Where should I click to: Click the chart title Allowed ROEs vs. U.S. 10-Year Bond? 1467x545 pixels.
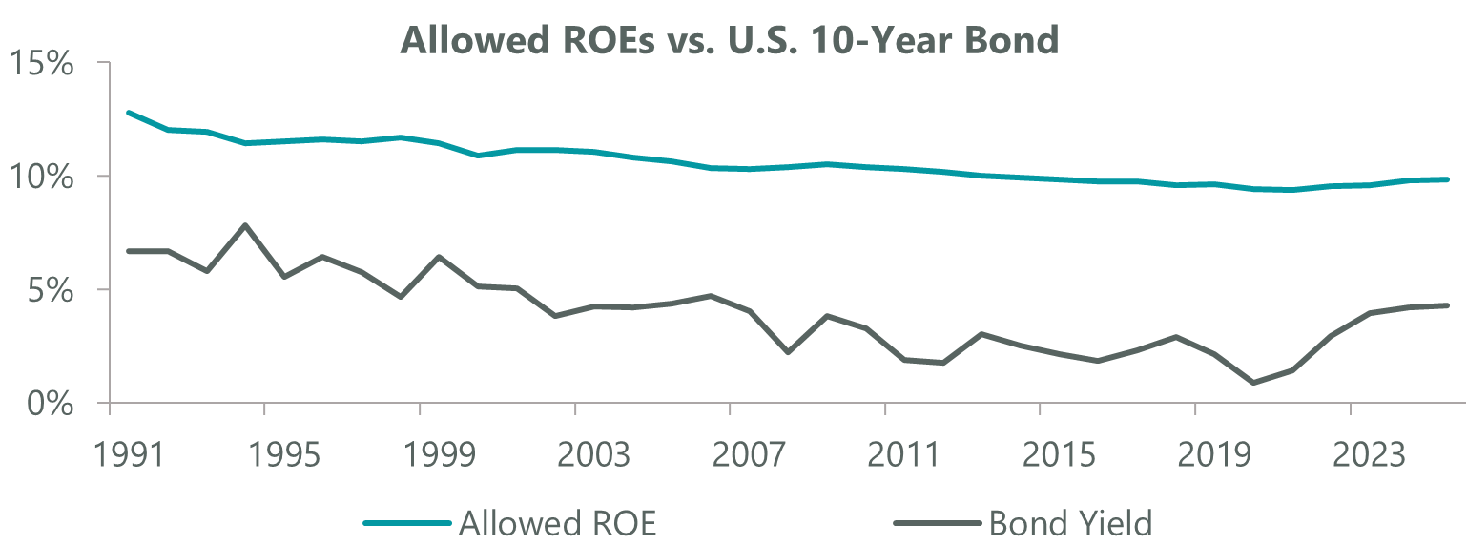coord(730,40)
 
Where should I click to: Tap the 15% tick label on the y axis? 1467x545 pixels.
coord(41,66)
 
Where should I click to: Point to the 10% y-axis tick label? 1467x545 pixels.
coord(41,178)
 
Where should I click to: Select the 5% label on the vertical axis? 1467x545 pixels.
coord(51,291)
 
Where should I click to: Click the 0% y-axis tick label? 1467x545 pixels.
coord(51,404)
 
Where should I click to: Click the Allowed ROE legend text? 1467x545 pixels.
coord(557,523)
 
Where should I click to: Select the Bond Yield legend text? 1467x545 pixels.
coord(1071,523)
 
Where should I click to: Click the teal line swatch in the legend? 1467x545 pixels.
coord(406,523)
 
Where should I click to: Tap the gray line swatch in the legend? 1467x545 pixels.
coord(938,523)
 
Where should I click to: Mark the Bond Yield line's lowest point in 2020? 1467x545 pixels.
coord(1253,383)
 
